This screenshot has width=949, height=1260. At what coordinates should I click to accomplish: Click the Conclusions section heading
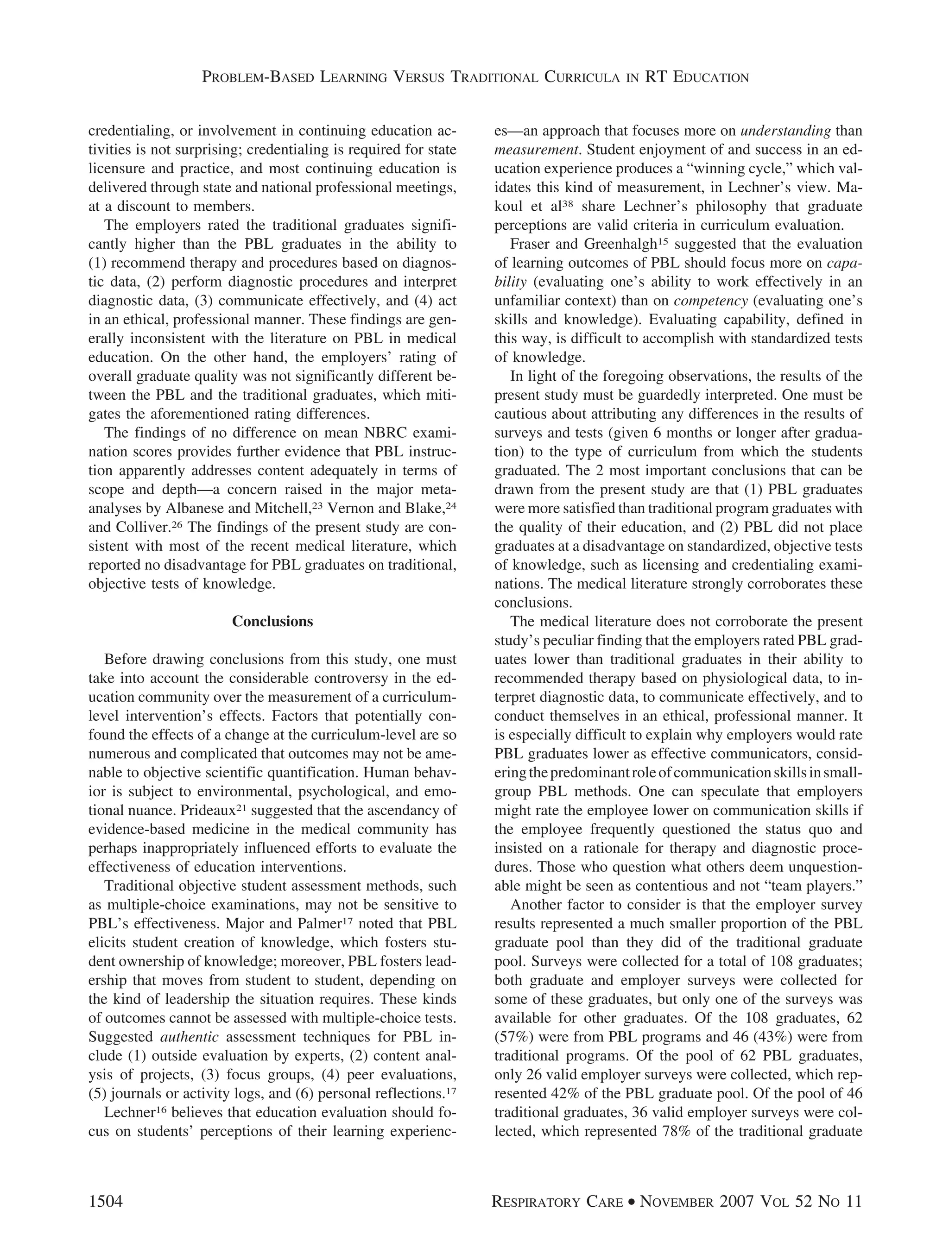[x=272, y=622]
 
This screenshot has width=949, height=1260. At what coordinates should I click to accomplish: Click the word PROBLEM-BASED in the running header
[x=258, y=77]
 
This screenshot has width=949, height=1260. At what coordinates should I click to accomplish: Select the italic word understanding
[x=785, y=131]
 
